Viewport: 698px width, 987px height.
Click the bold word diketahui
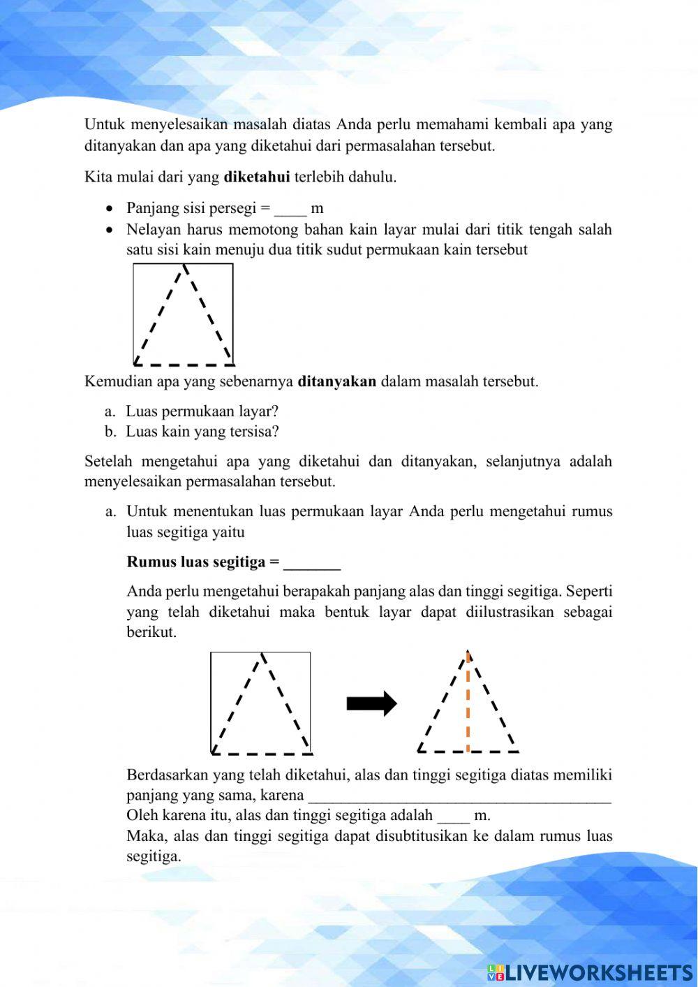coord(256,177)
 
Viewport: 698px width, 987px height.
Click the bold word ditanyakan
coord(336,381)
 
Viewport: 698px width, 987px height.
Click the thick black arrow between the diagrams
coord(371,703)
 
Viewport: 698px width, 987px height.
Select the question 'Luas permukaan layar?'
coord(202,411)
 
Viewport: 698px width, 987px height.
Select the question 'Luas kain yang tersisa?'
coord(202,432)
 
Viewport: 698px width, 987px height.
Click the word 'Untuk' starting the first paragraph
coord(104,125)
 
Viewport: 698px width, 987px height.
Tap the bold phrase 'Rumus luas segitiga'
coord(196,562)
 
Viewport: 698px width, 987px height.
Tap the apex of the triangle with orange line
coord(468,653)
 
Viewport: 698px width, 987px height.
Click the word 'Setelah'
coord(108,461)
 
